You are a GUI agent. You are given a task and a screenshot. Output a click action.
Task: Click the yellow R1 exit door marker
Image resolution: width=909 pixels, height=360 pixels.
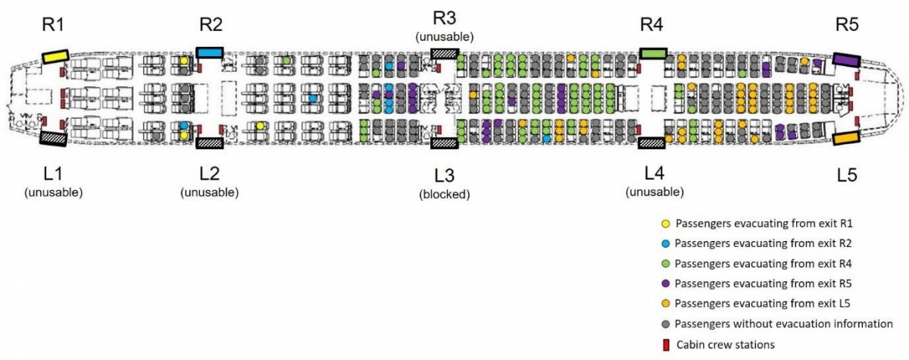[55, 56]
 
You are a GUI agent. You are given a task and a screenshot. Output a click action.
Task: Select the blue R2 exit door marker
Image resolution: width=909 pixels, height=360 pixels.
[209, 52]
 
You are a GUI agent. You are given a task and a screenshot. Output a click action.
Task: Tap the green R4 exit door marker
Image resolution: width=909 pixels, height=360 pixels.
[652, 53]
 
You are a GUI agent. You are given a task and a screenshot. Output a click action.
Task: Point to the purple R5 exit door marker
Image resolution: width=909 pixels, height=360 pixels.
[845, 58]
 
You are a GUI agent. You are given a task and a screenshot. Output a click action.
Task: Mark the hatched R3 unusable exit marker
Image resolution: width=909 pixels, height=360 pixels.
[444, 52]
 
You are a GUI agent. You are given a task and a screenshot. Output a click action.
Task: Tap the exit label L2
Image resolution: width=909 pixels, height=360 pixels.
[210, 171]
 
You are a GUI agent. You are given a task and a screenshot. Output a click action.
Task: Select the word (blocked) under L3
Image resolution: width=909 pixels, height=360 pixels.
[445, 194]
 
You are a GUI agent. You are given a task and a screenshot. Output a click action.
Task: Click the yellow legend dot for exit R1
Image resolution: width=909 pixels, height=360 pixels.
[665, 224]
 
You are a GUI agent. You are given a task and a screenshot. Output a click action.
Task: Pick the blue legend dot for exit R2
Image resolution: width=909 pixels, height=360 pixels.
[665, 244]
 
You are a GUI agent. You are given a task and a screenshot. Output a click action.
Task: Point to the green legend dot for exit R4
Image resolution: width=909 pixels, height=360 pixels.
[665, 264]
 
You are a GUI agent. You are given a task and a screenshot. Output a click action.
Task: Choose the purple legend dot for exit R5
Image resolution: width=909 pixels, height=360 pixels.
[665, 284]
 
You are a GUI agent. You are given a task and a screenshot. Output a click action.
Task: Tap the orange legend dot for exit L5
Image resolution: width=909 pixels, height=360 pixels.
[665, 304]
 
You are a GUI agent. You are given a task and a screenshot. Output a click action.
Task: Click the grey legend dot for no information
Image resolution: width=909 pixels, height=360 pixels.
[665, 324]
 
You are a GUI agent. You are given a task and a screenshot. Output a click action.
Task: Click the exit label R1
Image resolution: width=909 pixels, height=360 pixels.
[54, 24]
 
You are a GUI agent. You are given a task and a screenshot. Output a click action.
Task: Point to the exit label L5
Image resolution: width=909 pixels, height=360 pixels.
[847, 175]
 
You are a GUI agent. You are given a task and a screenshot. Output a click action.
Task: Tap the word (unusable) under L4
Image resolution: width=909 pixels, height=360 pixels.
[654, 192]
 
